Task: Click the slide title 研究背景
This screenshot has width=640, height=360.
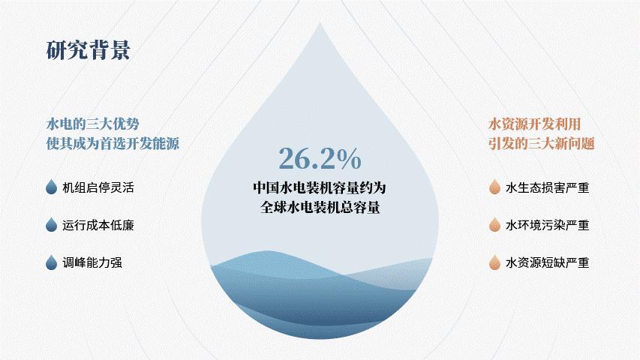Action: tap(89, 50)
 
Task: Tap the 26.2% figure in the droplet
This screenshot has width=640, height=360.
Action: tap(320, 158)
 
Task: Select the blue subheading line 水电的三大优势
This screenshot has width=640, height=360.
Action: tap(92, 124)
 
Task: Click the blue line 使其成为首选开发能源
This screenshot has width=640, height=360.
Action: tap(113, 144)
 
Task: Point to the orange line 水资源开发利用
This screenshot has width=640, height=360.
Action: tap(535, 124)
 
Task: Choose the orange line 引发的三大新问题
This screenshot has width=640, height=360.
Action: tap(542, 144)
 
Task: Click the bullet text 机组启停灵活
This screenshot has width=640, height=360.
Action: tap(98, 187)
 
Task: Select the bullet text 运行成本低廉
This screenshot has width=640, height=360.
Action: tap(98, 225)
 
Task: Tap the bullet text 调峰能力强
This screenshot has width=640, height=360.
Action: tap(92, 262)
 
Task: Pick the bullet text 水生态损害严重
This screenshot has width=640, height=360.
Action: tap(548, 187)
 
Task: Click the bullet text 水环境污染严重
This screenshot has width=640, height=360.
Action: tap(548, 225)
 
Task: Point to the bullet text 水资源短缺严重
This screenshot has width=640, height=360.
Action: tap(548, 262)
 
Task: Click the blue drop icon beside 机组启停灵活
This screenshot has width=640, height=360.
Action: tap(52, 187)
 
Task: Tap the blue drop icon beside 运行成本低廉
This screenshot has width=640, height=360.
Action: tap(52, 224)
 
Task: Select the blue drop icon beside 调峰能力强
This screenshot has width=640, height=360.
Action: tap(52, 262)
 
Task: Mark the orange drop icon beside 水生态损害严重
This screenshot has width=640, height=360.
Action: tap(494, 187)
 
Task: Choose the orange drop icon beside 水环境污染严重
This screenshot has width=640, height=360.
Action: tap(494, 224)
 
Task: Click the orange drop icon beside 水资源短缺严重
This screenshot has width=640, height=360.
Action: tap(494, 262)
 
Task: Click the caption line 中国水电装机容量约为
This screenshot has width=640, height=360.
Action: tap(320, 187)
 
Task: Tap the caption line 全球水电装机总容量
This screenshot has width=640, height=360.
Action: tap(320, 207)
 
